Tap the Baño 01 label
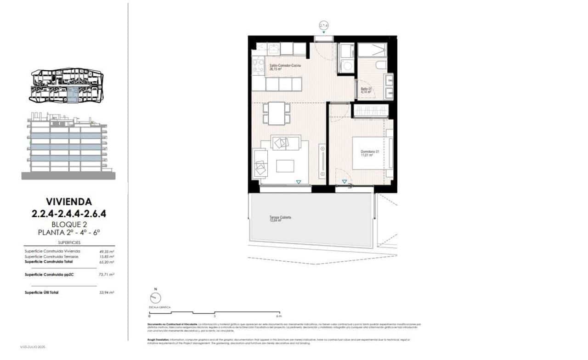click(x=366, y=90)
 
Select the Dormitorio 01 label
click(x=369, y=153)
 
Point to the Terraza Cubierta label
click(x=281, y=219)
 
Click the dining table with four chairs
click(x=277, y=113)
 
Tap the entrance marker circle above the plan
click(x=324, y=25)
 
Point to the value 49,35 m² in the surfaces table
click(x=107, y=251)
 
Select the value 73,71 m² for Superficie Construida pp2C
click(x=107, y=274)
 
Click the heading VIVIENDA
click(x=69, y=201)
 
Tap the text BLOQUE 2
click(x=69, y=225)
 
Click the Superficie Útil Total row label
click(x=42, y=292)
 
